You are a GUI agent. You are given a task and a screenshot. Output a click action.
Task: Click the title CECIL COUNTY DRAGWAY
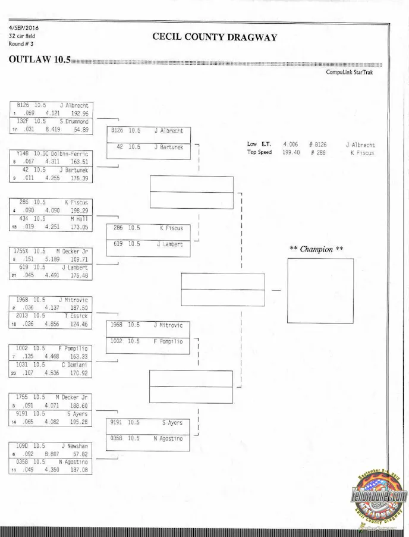coord(215,37)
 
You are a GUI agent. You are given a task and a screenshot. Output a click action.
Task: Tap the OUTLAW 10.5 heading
coord(39,60)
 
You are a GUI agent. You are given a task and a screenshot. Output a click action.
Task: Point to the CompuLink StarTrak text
coord(350,72)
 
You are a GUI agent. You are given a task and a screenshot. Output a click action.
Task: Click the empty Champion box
coord(320,290)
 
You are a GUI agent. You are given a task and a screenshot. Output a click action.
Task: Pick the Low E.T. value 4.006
coord(290,145)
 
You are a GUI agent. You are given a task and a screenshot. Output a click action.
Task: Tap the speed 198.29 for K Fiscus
coord(79,211)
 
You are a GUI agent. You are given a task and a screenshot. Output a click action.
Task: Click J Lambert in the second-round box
coord(170,244)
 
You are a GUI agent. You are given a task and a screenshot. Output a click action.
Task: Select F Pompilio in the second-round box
coord(169,341)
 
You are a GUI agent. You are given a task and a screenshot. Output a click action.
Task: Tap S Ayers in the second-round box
coord(172,423)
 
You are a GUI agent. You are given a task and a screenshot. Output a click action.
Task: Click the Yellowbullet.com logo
coord(380,497)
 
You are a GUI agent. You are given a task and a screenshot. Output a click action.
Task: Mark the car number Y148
coord(23,153)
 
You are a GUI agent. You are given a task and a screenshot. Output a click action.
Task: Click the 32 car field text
coord(22,36)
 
